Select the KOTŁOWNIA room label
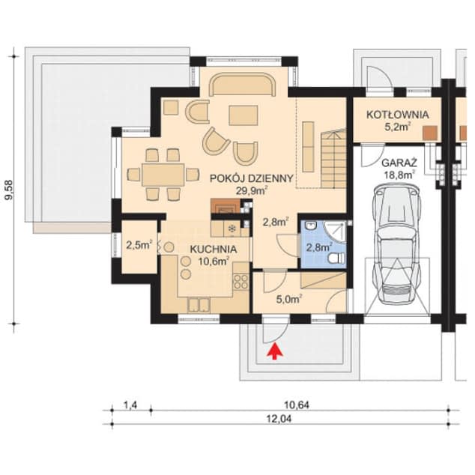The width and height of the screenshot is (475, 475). click(x=396, y=115)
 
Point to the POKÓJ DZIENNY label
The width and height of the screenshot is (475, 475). click(x=242, y=178)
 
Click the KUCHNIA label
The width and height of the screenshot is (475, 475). click(x=213, y=249)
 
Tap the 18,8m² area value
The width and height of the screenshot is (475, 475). click(x=397, y=175)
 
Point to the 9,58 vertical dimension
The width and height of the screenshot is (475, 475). click(x=10, y=190)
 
